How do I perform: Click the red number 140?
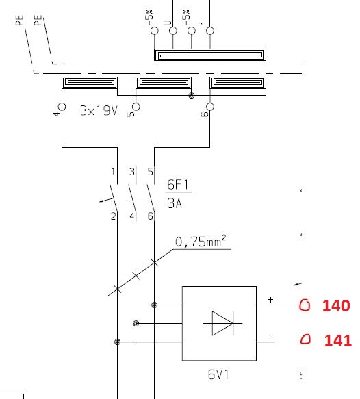(x=336, y=305)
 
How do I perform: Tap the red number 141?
(x=338, y=340)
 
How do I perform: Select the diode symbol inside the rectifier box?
(x=222, y=323)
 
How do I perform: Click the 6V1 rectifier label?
(x=218, y=374)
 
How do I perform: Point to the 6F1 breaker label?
(x=178, y=185)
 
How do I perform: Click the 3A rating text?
(x=175, y=203)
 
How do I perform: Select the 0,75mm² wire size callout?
(x=201, y=241)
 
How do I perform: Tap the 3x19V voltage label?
(x=99, y=111)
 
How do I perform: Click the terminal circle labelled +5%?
(x=155, y=31)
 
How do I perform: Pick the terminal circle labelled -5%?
(x=192, y=31)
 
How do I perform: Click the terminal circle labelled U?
(x=173, y=31)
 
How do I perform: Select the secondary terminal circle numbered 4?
(x=62, y=107)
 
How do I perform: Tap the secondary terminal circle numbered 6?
(x=210, y=107)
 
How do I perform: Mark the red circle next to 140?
(x=305, y=305)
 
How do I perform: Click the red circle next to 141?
(x=305, y=339)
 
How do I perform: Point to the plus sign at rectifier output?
(x=270, y=300)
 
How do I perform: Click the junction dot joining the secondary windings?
(x=192, y=95)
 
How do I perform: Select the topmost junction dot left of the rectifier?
(x=155, y=305)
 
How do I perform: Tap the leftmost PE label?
(x=20, y=21)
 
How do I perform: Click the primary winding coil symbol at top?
(x=210, y=55)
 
